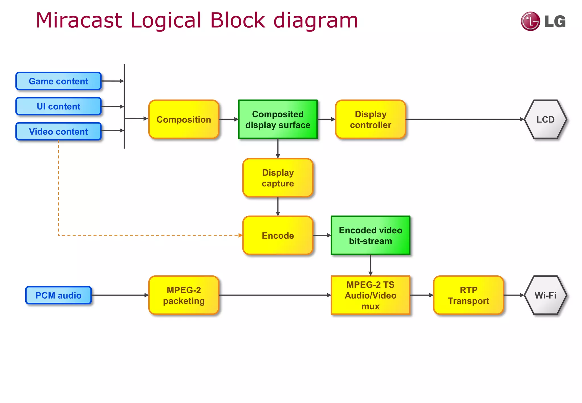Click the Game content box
59,81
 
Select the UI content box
59,106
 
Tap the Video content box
59,131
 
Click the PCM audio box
59,295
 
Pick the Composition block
184,119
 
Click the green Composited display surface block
278,119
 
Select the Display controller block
370,119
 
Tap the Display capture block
278,178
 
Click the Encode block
278,235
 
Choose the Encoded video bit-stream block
370,235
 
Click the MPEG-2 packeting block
184,295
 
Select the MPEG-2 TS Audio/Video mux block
370,295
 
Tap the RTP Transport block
468,295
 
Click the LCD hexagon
545,119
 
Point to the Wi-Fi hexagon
545,295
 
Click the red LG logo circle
530,21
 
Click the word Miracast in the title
79,20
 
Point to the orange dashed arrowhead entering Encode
240,235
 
